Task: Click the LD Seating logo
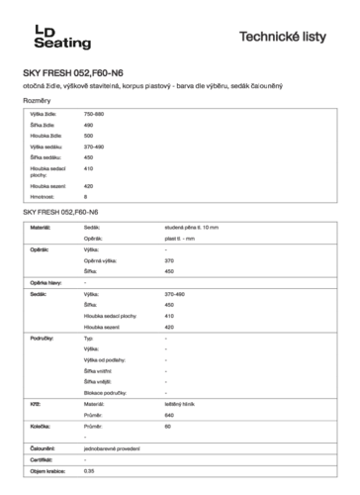(61, 37)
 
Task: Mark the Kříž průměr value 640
(169, 415)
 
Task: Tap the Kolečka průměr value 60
(168, 427)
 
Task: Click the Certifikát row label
(43, 460)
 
